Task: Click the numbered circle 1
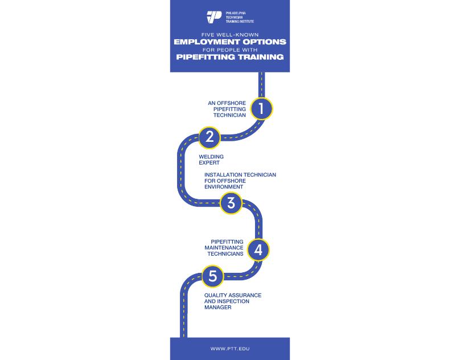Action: point(261,108)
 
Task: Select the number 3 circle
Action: point(231,203)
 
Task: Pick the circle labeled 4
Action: point(258,249)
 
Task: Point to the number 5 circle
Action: point(213,277)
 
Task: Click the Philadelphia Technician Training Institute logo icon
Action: point(214,17)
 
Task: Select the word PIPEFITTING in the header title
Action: point(204,58)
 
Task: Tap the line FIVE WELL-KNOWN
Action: point(229,34)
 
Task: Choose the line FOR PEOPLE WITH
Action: point(229,50)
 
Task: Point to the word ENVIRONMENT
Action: point(224,187)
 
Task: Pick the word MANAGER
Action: point(217,308)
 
